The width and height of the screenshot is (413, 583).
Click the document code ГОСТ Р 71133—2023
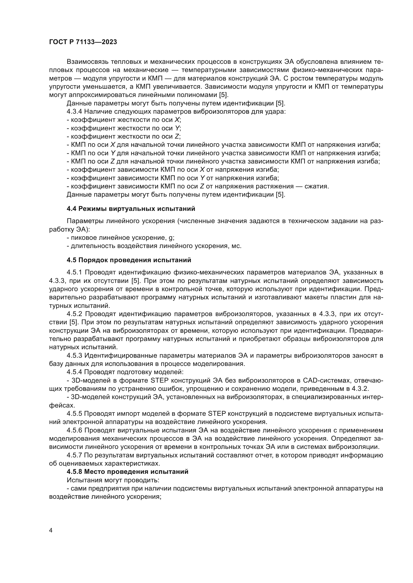83,42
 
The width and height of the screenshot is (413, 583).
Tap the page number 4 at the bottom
51,530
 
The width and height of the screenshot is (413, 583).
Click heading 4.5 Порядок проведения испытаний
129,260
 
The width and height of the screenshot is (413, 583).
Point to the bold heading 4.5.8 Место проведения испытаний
127,472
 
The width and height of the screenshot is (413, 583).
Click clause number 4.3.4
74,111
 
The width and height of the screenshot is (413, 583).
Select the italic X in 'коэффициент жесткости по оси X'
177,120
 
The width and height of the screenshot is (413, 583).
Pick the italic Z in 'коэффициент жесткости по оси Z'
177,136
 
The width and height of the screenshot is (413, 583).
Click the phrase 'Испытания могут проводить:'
113,480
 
